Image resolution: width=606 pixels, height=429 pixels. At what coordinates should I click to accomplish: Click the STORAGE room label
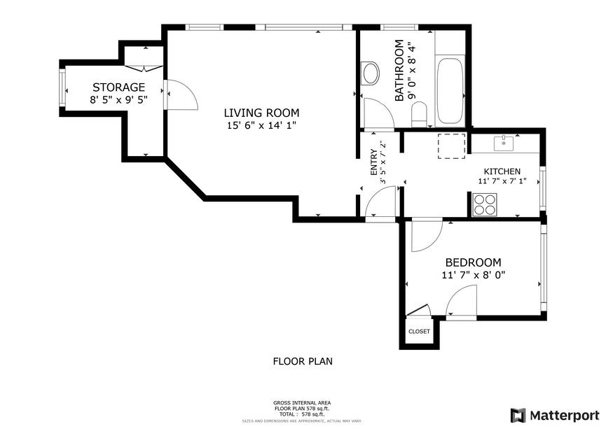(118, 87)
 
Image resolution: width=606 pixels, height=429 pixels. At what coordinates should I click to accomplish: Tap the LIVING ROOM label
(261, 113)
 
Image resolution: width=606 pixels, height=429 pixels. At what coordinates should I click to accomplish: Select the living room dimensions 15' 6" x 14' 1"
(261, 126)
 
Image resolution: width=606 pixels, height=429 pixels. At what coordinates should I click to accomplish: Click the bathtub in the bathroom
(449, 90)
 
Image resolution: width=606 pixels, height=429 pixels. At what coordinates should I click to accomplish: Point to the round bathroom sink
(370, 72)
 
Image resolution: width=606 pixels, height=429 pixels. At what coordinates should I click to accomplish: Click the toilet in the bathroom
(419, 114)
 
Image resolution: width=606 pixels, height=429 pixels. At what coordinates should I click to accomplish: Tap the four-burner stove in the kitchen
(483, 204)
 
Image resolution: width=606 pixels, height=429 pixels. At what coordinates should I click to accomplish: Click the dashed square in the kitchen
(452, 146)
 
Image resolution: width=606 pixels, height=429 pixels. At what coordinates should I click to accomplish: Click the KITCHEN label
(502, 171)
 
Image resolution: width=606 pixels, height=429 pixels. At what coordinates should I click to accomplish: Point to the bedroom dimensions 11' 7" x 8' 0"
(474, 275)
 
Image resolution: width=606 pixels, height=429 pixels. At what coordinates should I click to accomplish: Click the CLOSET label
(419, 332)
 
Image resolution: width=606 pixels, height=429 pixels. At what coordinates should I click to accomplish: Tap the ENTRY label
(374, 162)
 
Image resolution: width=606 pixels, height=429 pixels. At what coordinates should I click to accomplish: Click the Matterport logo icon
(518, 415)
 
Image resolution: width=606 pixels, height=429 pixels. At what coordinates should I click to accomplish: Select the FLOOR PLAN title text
(302, 362)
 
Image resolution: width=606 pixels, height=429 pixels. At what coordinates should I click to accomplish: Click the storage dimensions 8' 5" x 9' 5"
(118, 100)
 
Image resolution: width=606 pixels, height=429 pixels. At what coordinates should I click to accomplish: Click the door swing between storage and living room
(179, 94)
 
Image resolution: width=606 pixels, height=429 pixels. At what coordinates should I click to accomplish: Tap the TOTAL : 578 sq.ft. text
(302, 415)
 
